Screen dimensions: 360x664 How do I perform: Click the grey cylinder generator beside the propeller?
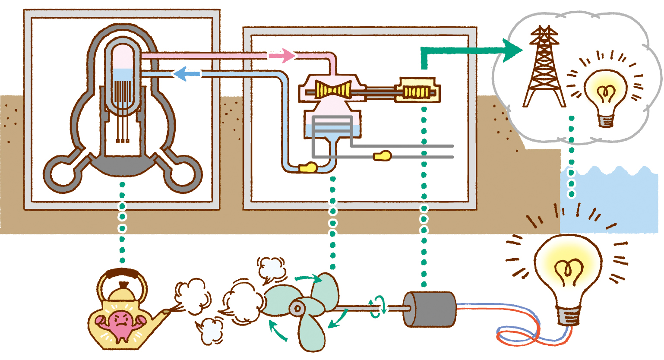pyautogui.click(x=429, y=309)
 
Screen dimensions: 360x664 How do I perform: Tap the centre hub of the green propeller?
pyautogui.click(x=297, y=308)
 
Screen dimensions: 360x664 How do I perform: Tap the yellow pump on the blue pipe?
pyautogui.click(x=308, y=167)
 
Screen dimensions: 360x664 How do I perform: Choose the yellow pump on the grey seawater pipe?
pyautogui.click(x=383, y=156)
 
